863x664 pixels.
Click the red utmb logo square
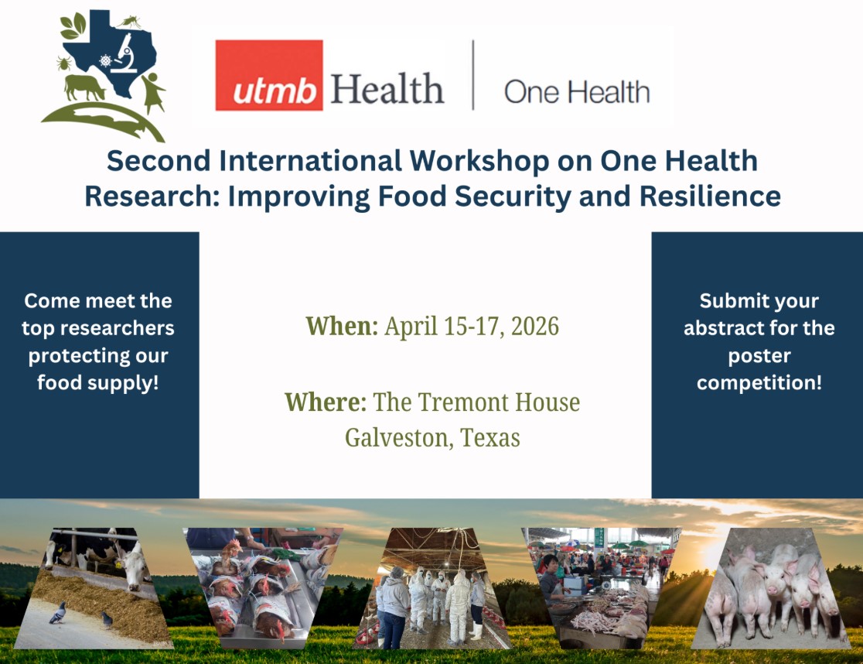268,75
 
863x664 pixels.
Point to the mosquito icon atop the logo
130,22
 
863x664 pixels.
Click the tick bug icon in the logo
64,63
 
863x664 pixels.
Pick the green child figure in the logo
153,93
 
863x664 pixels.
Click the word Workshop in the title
479,161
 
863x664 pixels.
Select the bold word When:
342,327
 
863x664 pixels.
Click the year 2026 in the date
535,327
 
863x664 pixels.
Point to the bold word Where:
326,402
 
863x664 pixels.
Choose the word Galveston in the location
399,439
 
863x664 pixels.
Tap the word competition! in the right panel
759,382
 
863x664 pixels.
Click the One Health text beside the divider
577,91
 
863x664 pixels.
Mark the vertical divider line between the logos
473,75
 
